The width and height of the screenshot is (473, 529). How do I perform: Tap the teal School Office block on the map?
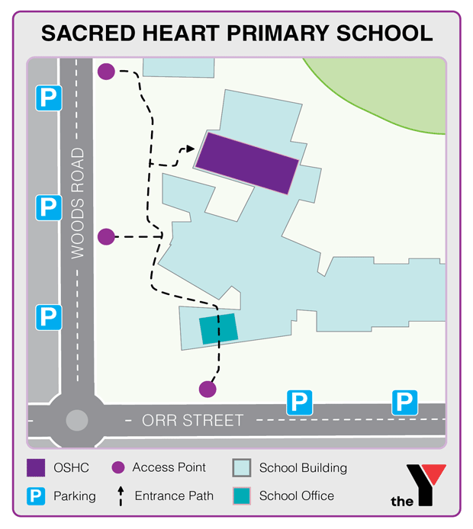[x=219, y=329]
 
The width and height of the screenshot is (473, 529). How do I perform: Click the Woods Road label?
[x=78, y=204]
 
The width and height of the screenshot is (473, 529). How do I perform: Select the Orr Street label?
[x=193, y=420]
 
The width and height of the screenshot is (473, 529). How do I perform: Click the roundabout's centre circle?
[x=77, y=420]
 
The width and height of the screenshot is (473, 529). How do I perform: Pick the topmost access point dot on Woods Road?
[x=106, y=72]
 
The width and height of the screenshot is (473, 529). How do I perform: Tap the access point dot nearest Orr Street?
[x=208, y=389]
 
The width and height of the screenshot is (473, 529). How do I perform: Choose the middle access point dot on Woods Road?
[x=106, y=237]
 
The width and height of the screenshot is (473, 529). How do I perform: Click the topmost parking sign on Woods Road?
[x=48, y=97]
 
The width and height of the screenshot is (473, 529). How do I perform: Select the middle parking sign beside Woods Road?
[x=48, y=207]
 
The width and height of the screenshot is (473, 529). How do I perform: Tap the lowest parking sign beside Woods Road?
[x=48, y=316]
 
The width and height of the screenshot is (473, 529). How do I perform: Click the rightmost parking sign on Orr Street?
[x=404, y=401]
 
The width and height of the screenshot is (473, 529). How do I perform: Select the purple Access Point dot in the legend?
[x=118, y=467]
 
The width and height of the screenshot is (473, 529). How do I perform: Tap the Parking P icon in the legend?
[x=36, y=496]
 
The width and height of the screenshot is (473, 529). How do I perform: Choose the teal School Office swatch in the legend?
[x=243, y=495]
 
